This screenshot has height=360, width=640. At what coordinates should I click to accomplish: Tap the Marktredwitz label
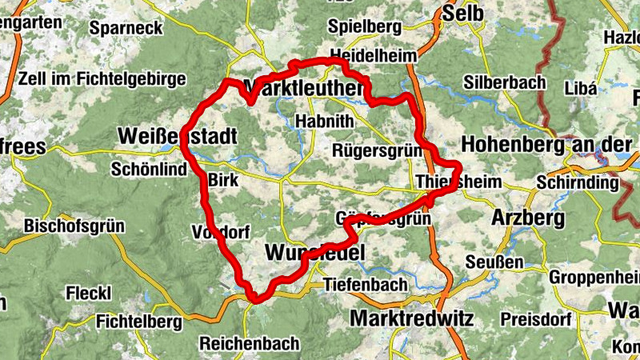click(x=411, y=318)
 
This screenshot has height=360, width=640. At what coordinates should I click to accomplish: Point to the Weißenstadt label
click(x=177, y=137)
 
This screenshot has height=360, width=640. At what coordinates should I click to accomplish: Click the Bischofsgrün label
click(x=74, y=226)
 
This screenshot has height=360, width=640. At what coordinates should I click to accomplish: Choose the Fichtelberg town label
click(x=138, y=322)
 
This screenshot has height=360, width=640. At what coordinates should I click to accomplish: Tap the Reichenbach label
click(x=250, y=343)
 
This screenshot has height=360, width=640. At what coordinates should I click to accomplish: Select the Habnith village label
click(x=323, y=121)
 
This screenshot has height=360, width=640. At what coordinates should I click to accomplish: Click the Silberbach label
click(x=504, y=82)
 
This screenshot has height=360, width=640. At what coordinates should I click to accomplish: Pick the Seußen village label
click(x=494, y=262)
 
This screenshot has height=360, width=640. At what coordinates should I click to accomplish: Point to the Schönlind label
click(x=150, y=169)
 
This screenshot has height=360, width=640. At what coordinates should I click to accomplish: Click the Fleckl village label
click(x=88, y=293)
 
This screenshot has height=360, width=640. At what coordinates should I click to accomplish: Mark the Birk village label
click(x=223, y=181)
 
